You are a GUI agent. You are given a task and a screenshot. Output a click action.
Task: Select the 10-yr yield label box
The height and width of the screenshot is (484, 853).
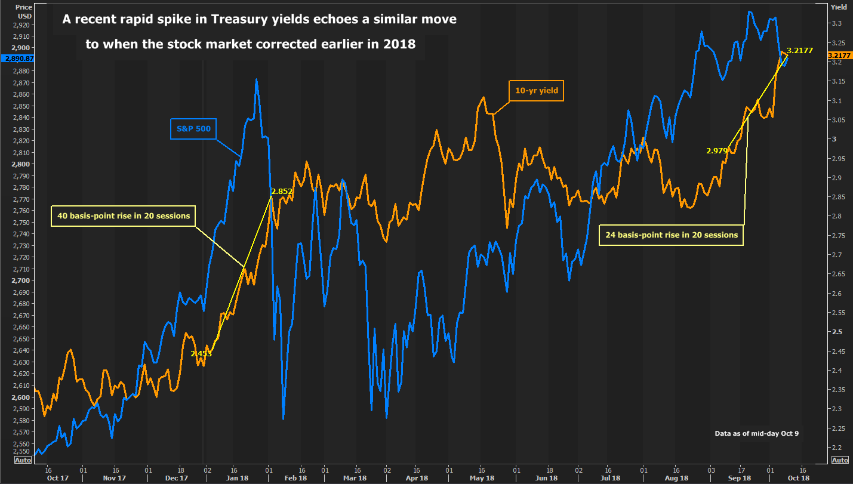[535, 91]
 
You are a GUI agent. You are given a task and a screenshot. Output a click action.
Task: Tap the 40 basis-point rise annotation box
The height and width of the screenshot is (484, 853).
[124, 215]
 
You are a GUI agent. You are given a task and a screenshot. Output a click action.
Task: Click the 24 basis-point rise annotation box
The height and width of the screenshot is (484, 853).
[672, 235]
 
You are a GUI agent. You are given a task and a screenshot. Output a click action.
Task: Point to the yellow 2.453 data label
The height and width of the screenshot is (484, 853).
[201, 354]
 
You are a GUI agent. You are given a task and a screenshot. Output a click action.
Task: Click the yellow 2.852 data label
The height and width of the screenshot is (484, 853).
[282, 192]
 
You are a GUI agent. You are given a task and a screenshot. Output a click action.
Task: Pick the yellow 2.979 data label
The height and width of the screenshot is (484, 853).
[717, 151]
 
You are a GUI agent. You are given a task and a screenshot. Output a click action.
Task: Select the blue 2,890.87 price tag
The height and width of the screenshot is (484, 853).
[17, 58]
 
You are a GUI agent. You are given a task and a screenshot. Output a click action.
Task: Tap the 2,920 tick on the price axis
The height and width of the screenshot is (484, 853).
[21, 25]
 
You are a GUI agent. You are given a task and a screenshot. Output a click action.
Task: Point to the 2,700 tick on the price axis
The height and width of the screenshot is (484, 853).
[21, 280]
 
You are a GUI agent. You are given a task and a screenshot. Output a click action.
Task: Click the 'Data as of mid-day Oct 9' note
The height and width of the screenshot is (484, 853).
[756, 433]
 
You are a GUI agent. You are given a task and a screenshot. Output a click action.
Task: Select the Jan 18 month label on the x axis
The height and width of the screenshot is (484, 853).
[237, 478]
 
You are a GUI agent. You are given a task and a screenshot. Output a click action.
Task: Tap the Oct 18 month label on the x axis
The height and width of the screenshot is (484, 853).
[798, 478]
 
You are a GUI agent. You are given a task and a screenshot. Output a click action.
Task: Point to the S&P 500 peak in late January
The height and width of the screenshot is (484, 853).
[256, 79]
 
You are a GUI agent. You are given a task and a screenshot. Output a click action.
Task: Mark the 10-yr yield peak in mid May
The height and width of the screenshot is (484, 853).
[484, 97]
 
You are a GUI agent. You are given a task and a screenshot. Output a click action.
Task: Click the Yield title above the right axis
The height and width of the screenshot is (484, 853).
[838, 7]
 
